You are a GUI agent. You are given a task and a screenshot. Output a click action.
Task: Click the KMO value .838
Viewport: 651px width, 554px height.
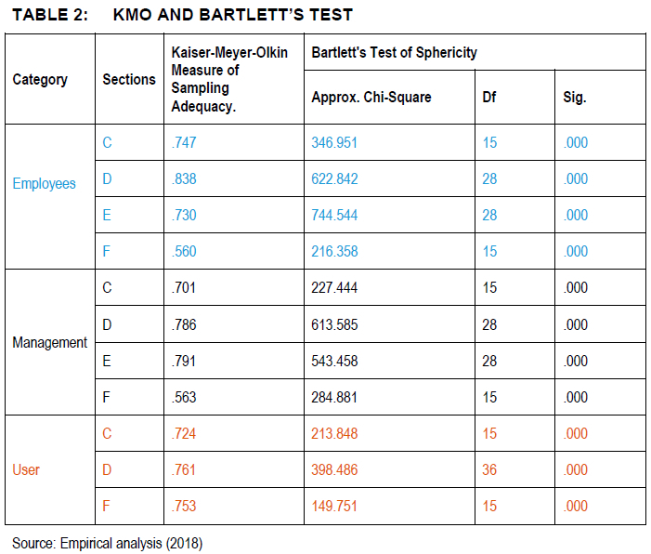(184, 179)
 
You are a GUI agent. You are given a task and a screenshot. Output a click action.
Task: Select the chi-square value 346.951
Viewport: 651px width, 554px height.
(334, 143)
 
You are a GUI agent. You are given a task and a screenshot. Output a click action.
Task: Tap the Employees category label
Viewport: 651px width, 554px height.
(44, 184)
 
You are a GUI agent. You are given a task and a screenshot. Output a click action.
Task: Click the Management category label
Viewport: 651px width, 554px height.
(50, 342)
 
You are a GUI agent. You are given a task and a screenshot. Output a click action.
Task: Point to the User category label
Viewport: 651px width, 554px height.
(26, 470)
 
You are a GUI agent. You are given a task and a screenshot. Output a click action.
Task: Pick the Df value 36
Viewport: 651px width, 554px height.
(489, 470)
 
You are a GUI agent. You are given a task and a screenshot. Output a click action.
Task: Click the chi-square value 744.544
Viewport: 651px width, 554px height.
(334, 216)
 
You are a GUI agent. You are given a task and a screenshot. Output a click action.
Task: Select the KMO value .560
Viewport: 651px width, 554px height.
(184, 252)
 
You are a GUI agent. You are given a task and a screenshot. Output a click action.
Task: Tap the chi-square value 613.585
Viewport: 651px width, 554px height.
(334, 325)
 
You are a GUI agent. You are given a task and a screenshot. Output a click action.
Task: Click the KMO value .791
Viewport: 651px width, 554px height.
(184, 362)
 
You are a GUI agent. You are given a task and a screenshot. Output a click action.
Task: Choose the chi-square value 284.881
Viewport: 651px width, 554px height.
(334, 397)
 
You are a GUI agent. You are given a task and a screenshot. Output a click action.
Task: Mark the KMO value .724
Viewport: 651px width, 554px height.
(184, 434)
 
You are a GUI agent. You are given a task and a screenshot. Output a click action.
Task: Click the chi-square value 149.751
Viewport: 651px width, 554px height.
(334, 507)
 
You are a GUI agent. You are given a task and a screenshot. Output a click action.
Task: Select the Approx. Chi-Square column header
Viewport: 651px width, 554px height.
(371, 98)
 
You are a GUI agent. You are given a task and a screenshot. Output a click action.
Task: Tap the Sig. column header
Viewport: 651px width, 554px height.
(575, 98)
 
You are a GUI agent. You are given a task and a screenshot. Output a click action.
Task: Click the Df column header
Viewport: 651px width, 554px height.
(489, 98)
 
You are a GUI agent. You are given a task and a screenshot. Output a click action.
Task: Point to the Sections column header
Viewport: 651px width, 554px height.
(129, 79)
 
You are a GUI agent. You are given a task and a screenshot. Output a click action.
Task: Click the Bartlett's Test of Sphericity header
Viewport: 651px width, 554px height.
(395, 53)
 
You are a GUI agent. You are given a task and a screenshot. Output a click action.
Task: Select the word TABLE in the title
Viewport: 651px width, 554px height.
(39, 15)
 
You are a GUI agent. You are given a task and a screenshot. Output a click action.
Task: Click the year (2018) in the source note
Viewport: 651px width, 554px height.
(184, 544)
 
